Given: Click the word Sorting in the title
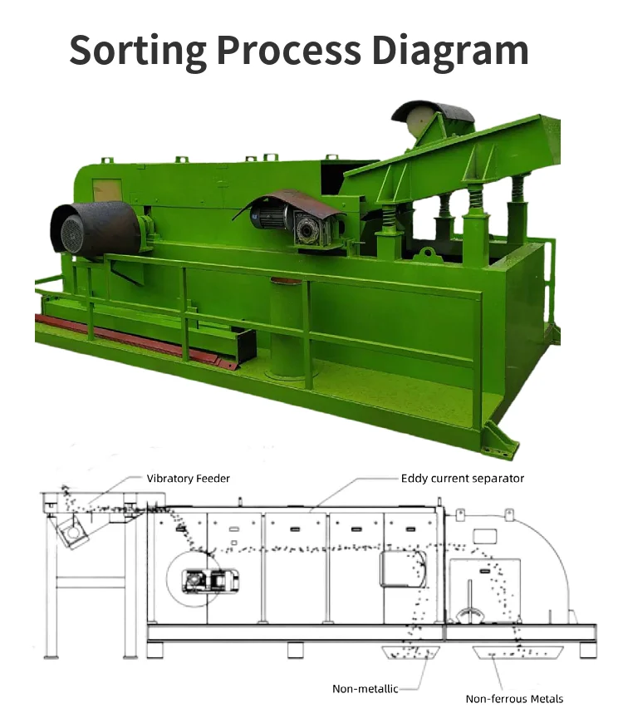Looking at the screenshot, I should click(x=137, y=51).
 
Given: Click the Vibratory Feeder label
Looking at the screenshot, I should click(x=188, y=479).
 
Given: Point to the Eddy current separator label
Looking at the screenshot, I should click(x=463, y=479).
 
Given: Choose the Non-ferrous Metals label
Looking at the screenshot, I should click(x=514, y=699).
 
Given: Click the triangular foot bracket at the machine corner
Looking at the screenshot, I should click(x=502, y=440).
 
